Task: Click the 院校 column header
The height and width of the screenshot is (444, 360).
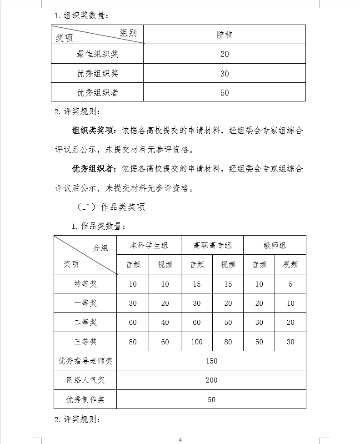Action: point(225,35)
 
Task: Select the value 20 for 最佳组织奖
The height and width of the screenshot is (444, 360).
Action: point(225,54)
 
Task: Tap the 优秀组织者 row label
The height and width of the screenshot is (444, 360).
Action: point(97,93)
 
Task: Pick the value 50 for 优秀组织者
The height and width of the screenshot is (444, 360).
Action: point(225,93)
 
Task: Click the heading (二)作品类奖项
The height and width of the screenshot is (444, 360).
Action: point(111,207)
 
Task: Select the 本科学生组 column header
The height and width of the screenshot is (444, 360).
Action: point(149,245)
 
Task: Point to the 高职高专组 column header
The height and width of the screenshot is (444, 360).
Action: point(212,245)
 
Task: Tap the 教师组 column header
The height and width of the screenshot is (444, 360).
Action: point(275,245)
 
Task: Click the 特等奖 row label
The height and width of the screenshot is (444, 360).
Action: point(85,284)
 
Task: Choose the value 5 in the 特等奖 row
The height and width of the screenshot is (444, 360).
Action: point(290,284)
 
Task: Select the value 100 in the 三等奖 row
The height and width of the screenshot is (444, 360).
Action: point(197,342)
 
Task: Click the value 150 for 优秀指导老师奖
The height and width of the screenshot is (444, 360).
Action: point(211,361)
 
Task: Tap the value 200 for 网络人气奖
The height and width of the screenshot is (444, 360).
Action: point(211,380)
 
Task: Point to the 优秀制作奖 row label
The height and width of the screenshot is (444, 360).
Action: point(85,399)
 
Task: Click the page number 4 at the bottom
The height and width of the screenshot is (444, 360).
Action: point(180,439)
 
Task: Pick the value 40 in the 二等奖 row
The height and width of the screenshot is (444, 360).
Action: point(165,323)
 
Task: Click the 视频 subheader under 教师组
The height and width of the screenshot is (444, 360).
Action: point(290,265)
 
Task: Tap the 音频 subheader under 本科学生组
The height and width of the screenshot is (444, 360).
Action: point(133,265)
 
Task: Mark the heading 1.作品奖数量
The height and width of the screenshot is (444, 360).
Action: point(98,226)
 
